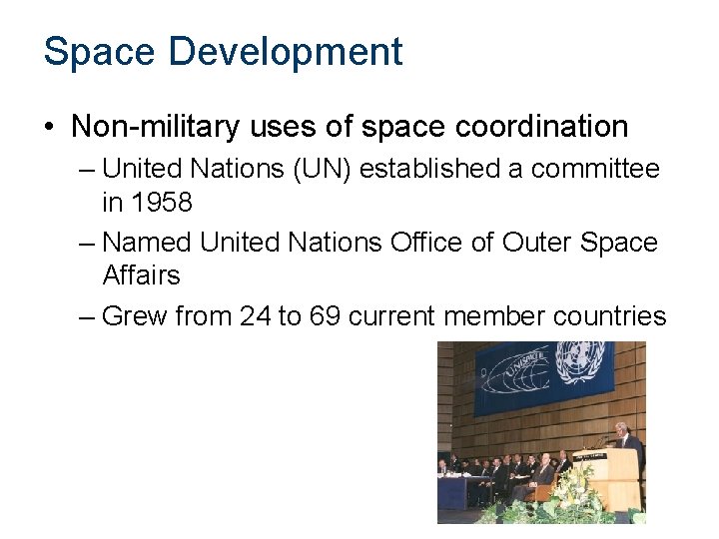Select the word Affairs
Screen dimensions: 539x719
(x=141, y=274)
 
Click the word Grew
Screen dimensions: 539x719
(x=136, y=316)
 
